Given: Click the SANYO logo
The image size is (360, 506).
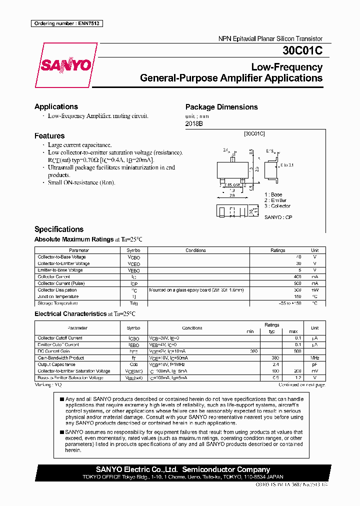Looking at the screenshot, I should [x=66, y=65].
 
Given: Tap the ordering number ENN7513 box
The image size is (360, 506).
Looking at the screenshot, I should [x=66, y=23].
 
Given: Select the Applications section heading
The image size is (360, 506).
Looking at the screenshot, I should [x=56, y=106].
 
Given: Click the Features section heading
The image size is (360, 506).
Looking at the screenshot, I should [x=49, y=135].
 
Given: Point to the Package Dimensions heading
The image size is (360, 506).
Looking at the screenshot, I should [x=221, y=107].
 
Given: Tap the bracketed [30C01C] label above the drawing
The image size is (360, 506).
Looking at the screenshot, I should [x=254, y=133].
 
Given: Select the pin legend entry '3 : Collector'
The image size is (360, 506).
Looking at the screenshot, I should [x=277, y=206].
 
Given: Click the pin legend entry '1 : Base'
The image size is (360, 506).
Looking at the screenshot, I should [x=273, y=194].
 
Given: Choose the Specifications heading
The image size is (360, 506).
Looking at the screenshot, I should [x=59, y=229].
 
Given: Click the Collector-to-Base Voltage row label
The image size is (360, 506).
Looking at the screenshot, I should [x=61, y=257].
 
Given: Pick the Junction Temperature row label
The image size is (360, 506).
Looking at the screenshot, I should [x=58, y=296].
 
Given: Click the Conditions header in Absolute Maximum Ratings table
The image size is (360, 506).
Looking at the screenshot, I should [x=195, y=250].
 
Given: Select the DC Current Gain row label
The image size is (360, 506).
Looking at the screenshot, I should [x=54, y=351].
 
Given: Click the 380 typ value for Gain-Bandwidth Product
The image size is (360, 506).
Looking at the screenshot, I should [x=274, y=358].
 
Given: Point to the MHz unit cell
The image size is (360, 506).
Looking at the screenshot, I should [x=314, y=358].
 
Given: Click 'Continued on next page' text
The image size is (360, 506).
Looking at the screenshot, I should [x=301, y=385].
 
